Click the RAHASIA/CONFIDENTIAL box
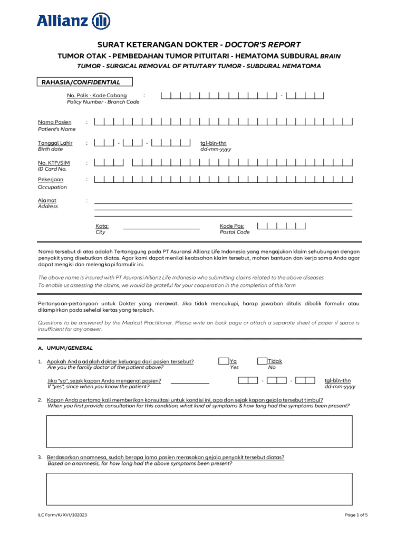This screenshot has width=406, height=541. pos(84,82)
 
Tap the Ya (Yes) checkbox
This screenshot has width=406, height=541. pos(225,361)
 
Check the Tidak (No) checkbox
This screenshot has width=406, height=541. pos(262,361)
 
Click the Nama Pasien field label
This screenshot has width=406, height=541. pos(54,122)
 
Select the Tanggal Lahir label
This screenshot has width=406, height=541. pos(55,143)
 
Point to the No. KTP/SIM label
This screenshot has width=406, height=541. pos(53,163)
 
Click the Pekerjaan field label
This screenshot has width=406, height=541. pos(51,180)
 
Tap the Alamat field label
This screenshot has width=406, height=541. pos(47,200)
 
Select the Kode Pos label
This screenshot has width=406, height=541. pos(232,226)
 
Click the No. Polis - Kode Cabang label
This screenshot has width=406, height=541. pos(96,95)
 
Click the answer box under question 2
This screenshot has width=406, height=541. pos(199,431)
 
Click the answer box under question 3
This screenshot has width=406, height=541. pos(199,489)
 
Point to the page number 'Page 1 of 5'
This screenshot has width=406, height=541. pos(356,515)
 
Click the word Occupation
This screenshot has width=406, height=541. pos(52,187)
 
